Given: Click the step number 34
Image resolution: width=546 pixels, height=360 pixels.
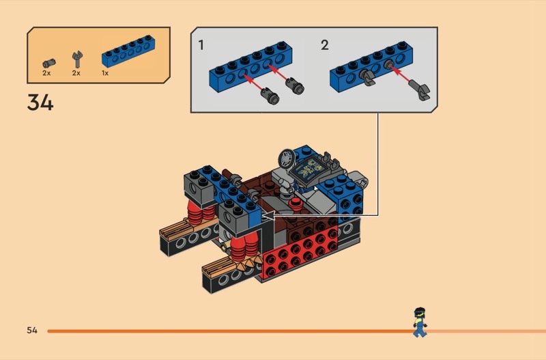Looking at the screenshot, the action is (40, 102).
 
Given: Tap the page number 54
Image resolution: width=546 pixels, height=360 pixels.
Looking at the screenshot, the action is (32, 330).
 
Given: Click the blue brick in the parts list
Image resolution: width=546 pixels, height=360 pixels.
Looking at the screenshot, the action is (128, 51).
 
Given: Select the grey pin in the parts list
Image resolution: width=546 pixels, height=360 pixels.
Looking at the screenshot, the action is (48, 63).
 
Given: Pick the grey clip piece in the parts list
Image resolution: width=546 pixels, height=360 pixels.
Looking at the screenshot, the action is (77, 59).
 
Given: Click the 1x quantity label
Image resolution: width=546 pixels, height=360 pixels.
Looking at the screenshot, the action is (105, 73).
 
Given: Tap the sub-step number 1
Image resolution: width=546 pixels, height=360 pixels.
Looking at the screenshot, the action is (201, 45).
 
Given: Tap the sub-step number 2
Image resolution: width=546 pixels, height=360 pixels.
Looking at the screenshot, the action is (325, 45).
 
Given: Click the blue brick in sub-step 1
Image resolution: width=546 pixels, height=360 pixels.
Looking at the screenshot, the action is (250, 66).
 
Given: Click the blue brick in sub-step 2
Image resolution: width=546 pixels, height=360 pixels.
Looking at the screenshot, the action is (371, 66).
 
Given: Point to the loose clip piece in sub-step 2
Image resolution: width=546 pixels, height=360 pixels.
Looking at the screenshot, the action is (420, 90).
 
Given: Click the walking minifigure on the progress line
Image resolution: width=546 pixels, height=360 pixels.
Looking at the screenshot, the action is (420, 322).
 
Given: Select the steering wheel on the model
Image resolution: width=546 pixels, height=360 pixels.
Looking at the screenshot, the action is (287, 160).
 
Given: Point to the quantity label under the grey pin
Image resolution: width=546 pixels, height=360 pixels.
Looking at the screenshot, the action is (46, 73).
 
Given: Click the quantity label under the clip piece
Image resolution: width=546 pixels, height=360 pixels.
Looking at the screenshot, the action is (76, 73).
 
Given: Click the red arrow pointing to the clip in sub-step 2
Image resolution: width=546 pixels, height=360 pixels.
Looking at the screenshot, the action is (400, 74).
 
